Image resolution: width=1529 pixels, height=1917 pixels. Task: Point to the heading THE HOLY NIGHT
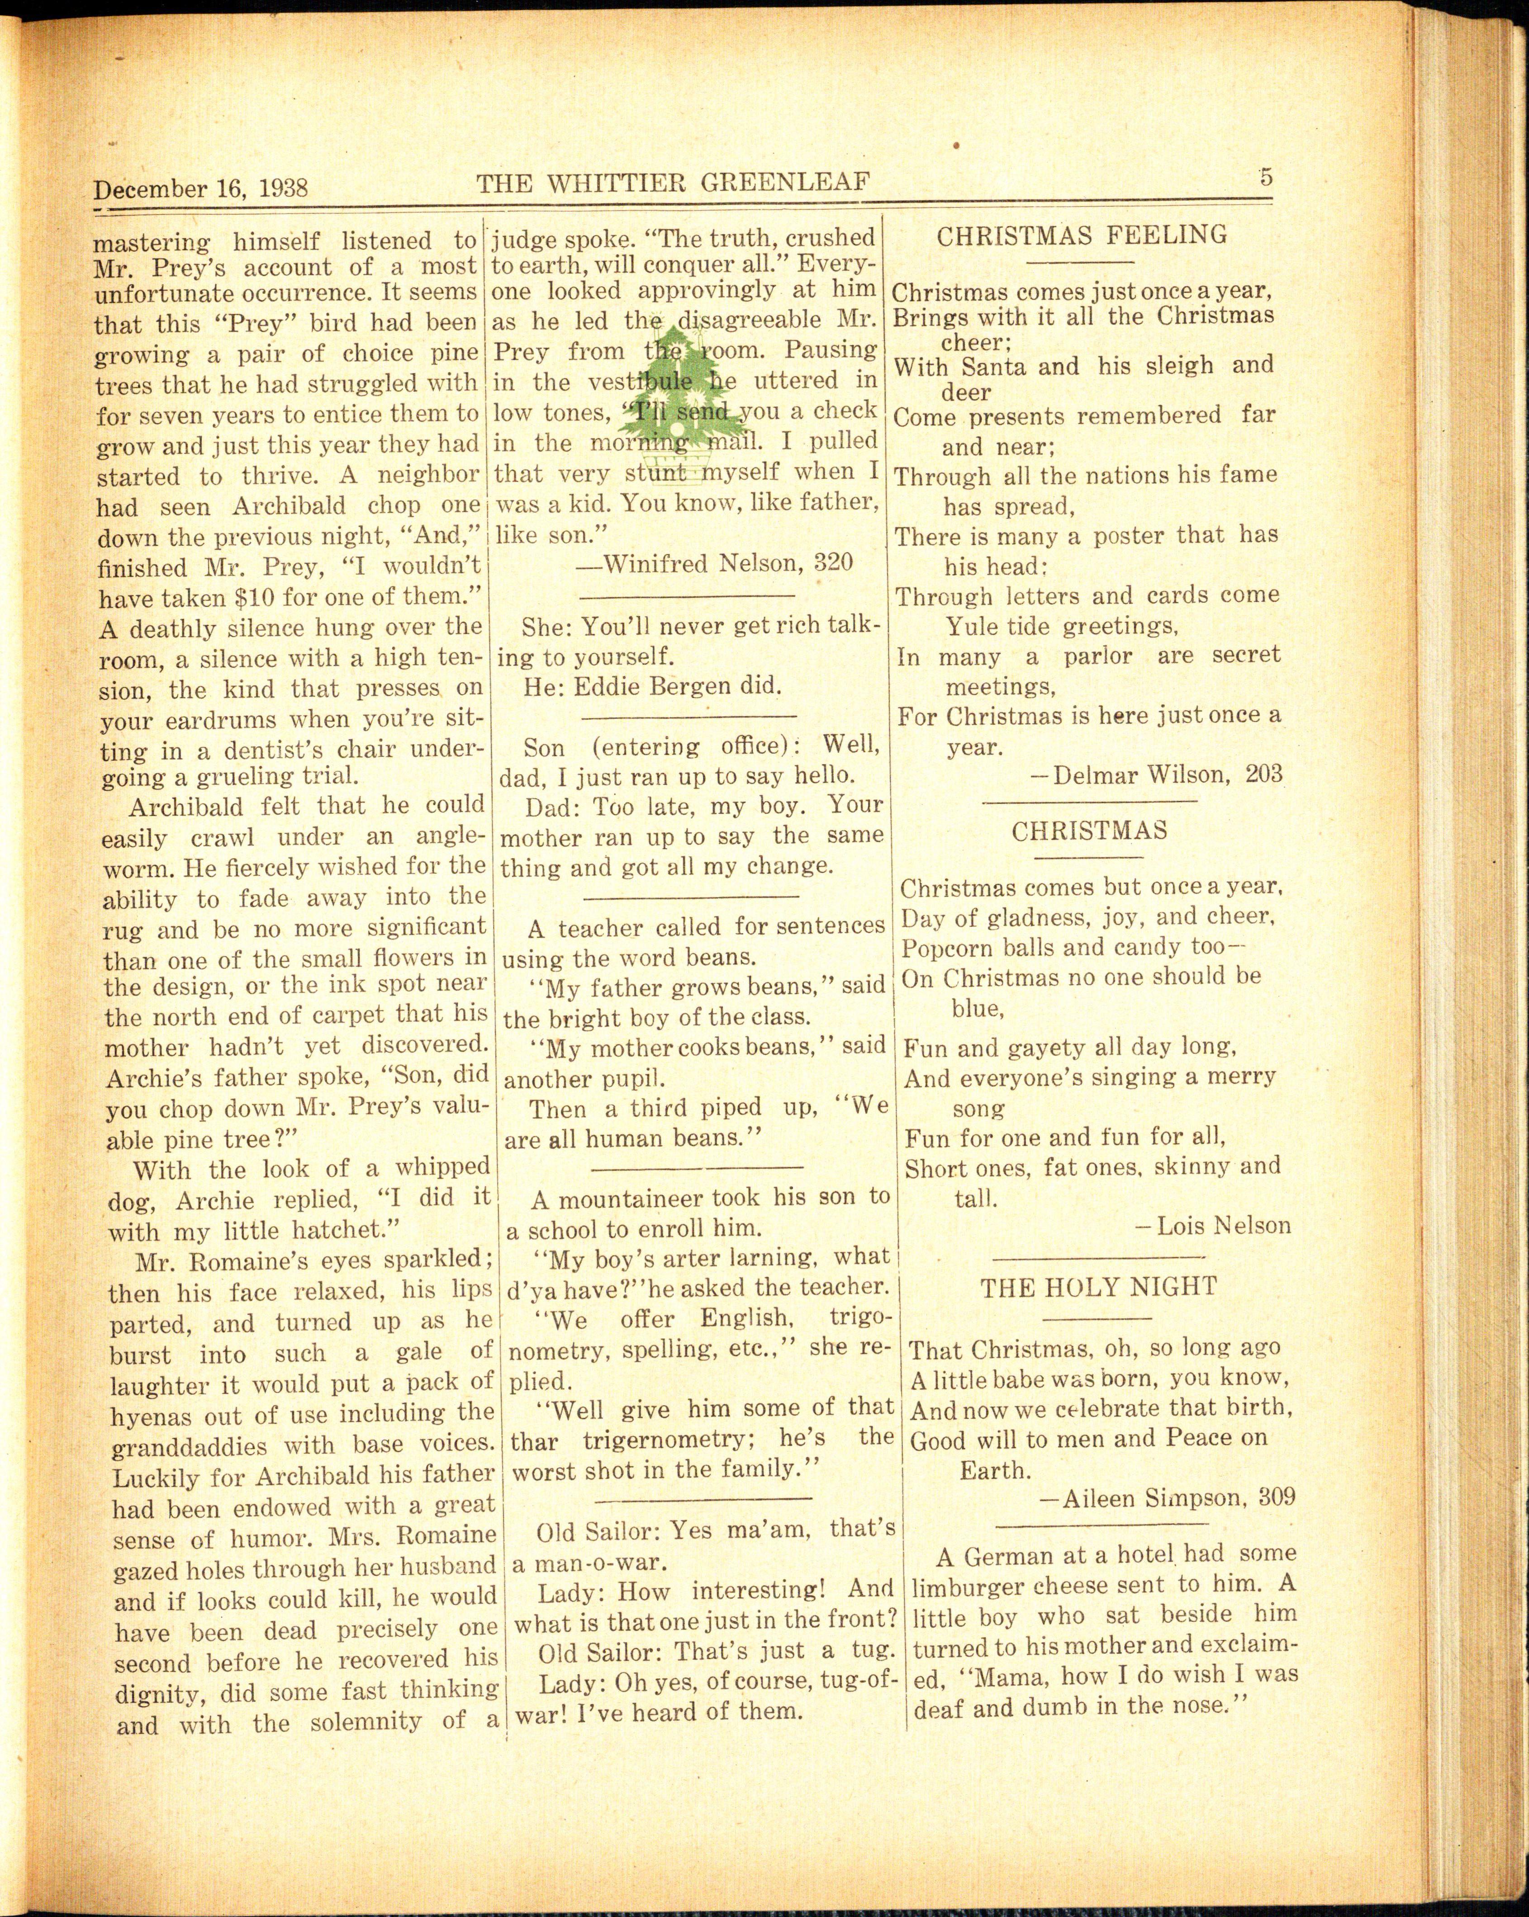[1098, 1288]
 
